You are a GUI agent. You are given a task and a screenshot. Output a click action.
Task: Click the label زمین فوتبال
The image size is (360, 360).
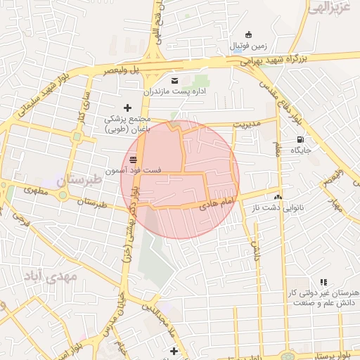click(247, 46)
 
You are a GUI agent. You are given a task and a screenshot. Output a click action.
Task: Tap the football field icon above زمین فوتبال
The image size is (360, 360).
click(247, 34)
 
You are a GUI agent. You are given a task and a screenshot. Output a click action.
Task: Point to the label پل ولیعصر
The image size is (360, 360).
click(120, 71)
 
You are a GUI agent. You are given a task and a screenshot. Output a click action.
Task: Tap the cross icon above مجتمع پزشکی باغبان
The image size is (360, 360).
click(127, 108)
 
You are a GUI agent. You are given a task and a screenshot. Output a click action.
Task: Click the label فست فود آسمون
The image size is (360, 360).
click(134, 171)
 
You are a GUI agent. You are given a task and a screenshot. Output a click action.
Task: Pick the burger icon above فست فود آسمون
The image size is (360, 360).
click(134, 160)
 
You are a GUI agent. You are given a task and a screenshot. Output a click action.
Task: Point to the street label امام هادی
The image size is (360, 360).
click(216, 204)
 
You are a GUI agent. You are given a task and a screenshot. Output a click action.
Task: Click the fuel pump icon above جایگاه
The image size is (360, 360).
click(302, 139)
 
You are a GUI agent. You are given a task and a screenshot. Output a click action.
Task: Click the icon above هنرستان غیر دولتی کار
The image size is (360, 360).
click(323, 282)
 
